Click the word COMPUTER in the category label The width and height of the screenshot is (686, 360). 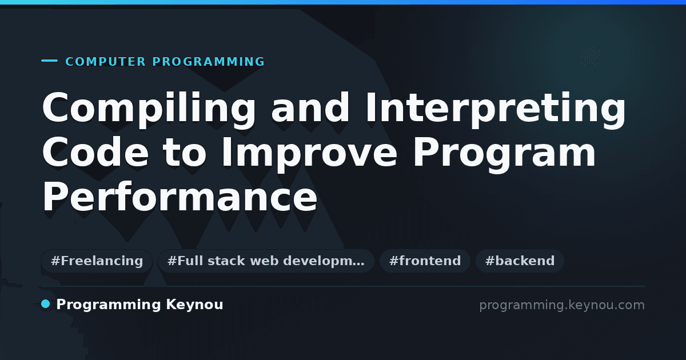click(106, 62)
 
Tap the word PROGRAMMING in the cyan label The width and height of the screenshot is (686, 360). click(208, 62)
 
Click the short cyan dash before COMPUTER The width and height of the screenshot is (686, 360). click(49, 61)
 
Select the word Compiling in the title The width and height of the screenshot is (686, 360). click(149, 109)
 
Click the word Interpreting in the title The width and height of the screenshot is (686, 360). click(496, 109)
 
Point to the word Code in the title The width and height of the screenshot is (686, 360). click(95, 152)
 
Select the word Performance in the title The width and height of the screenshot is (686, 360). click(180, 196)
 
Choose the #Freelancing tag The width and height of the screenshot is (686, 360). click(97, 261)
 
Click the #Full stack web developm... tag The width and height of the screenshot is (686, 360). click(266, 261)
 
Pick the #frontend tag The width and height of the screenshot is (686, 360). click(425, 261)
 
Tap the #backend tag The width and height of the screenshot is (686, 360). click(520, 261)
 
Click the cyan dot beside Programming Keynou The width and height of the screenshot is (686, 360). click(46, 304)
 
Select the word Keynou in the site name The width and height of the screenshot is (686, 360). click(194, 305)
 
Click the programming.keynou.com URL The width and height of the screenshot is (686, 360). click(562, 305)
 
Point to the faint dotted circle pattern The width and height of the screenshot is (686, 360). click(590, 57)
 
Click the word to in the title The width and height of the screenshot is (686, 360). click(185, 153)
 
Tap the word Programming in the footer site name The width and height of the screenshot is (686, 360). click(109, 305)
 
